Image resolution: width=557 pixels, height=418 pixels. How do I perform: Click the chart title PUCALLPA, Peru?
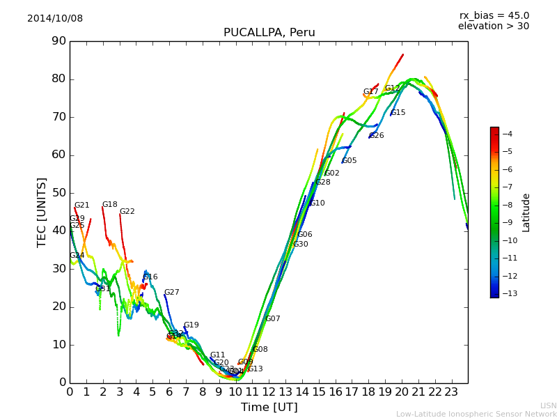[x=269, y=33]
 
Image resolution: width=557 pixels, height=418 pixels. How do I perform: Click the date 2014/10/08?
[x=55, y=19]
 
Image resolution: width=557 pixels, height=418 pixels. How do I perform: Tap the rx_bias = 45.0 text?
[x=494, y=16]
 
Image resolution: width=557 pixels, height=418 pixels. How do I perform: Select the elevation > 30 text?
[x=493, y=26]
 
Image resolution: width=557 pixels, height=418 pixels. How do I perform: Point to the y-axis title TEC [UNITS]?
[x=42, y=212]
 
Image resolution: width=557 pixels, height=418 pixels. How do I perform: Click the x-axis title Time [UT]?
[x=269, y=408]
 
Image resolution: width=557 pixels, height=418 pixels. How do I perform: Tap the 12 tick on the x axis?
[x=269, y=392]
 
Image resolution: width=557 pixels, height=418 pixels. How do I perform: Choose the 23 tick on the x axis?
[x=451, y=392]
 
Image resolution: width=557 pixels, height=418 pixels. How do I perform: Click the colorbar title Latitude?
[x=526, y=212]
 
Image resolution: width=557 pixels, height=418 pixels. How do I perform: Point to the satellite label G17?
[x=370, y=92]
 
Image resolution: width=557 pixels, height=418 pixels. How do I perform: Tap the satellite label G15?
[x=398, y=113]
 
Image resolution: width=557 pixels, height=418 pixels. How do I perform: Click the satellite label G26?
[x=376, y=136]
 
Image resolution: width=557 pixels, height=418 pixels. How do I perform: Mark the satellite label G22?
[x=127, y=212]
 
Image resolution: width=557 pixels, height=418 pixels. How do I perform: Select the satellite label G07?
[x=272, y=319]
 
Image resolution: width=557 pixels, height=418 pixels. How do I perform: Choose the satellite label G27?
[x=171, y=293]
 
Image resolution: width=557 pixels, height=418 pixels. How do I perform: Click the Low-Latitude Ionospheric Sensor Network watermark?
[x=476, y=414]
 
